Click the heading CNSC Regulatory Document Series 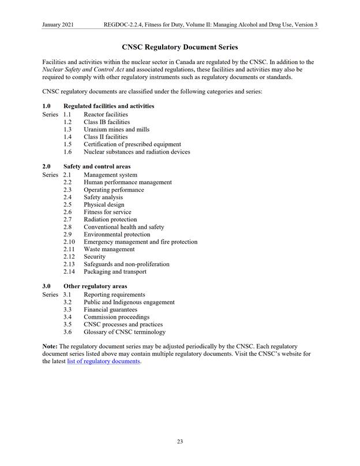[179, 46]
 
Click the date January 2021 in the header [61, 25]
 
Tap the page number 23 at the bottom [180, 442]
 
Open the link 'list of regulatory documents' [103, 361]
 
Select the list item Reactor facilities [106, 115]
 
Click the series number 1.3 [67, 130]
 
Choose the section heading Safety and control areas [96, 167]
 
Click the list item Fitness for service [107, 212]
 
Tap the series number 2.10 [69, 242]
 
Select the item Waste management [109, 249]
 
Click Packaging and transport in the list [115, 271]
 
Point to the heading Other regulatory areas [95, 286]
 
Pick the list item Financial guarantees [110, 310]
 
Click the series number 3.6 [67, 332]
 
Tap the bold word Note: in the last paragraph [50, 346]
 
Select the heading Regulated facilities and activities [108, 106]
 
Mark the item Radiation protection [110, 219]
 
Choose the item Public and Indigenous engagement [129, 302]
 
